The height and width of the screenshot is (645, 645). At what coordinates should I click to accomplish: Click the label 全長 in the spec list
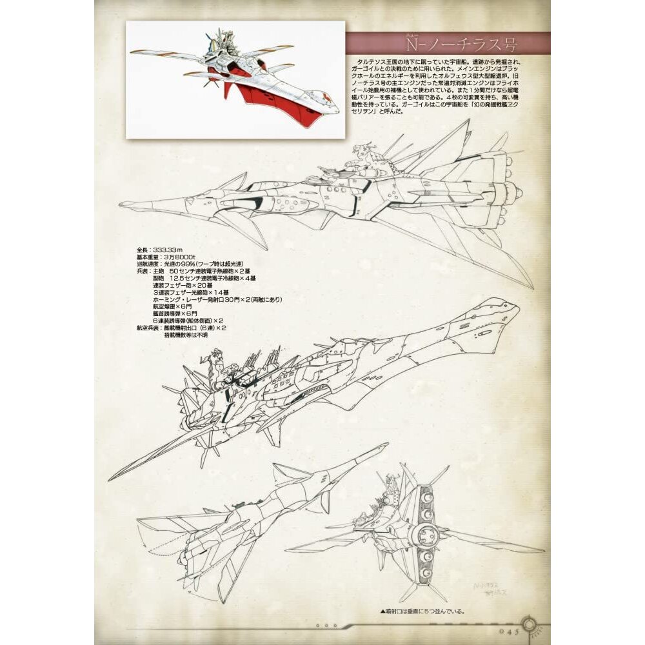pos(143,249)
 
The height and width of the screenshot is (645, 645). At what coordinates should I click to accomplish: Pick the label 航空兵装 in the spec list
pos(147,328)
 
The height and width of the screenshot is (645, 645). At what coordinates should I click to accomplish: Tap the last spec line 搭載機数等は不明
pos(185,335)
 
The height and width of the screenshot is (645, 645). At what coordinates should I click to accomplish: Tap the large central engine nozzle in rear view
pos(426,533)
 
